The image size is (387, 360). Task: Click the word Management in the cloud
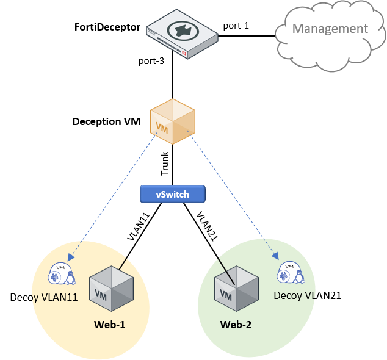pos(330,29)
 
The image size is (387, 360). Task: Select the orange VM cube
pos(173,122)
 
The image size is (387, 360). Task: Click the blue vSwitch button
pos(173,195)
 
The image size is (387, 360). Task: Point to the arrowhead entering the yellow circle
pos(71,258)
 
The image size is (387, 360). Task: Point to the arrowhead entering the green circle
pos(275,257)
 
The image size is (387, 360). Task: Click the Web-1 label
pos(110,325)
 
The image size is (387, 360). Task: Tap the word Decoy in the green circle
pos(288,295)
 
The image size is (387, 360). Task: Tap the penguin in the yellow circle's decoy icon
pos(70,278)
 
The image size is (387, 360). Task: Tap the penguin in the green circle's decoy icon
pos(298,276)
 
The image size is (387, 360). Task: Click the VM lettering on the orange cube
pos(162,128)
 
